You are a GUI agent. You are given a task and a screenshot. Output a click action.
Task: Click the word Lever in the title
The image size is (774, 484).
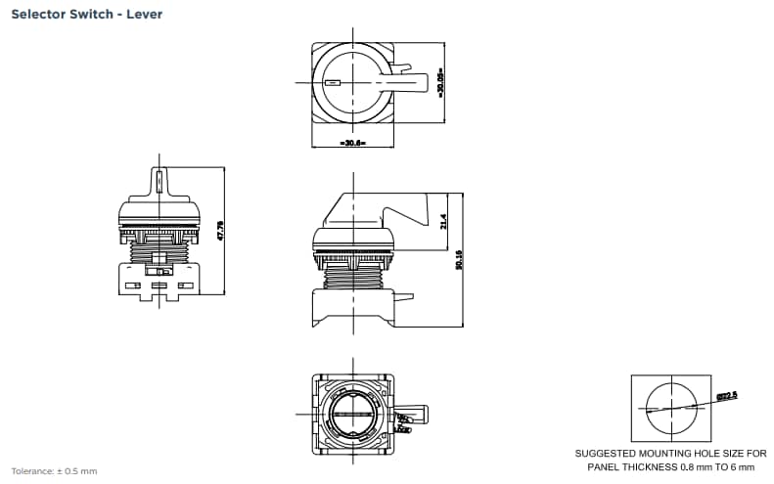[x=145, y=15]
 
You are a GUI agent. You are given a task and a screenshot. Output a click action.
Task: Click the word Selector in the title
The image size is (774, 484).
[x=39, y=15]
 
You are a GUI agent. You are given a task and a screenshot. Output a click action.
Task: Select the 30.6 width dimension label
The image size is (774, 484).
[x=351, y=143]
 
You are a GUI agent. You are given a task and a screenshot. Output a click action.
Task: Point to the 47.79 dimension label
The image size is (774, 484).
[x=221, y=231]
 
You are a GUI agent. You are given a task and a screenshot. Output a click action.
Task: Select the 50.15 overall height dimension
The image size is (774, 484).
[x=459, y=259]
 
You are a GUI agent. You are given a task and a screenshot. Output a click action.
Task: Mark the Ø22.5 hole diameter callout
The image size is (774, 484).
[x=725, y=396]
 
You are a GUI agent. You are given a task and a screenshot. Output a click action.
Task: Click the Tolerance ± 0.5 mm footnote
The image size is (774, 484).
[x=54, y=471]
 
